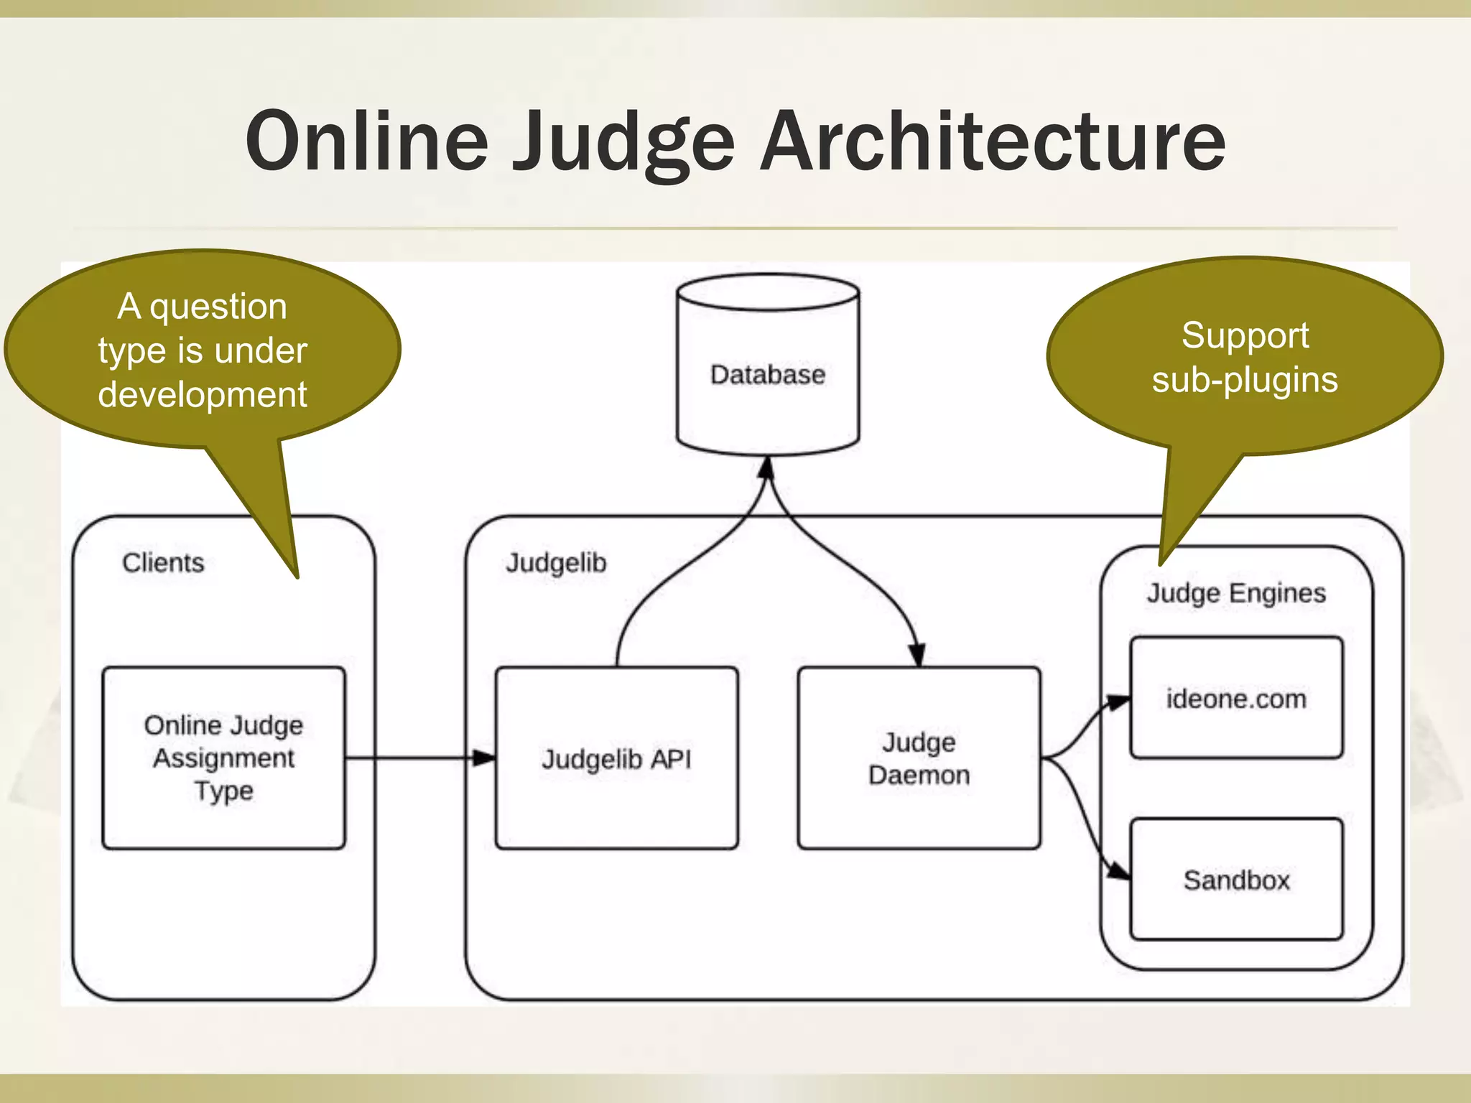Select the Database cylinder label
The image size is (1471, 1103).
point(768,375)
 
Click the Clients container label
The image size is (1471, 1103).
point(163,563)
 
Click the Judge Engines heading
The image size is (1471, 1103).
point(1236,594)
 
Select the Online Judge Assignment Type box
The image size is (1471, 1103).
point(223,758)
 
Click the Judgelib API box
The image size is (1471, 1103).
point(616,758)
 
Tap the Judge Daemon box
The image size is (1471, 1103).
point(919,758)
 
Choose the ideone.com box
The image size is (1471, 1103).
point(1236,698)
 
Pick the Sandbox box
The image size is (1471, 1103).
point(1236,879)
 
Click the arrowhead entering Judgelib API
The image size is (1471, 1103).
point(485,758)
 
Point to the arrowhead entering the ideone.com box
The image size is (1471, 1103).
point(1118,702)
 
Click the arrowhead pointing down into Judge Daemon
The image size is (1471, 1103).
point(917,655)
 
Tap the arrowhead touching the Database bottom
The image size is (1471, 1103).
point(766,468)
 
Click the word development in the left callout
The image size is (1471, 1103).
point(203,395)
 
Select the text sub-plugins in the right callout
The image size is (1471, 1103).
point(1245,380)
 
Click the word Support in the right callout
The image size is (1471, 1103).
point(1245,335)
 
